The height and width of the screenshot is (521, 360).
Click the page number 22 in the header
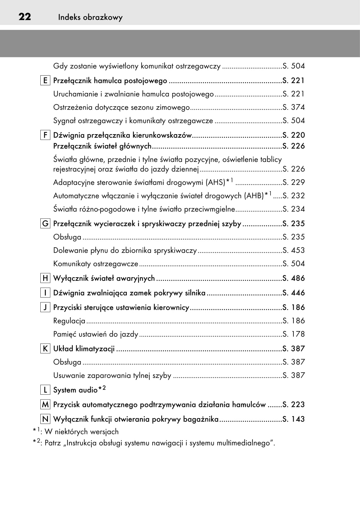25,17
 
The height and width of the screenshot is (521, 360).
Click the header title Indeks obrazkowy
90,17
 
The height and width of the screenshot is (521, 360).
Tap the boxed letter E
45,81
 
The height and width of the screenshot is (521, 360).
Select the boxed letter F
45,135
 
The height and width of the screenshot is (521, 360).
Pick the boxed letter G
45,224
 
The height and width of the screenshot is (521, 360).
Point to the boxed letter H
45,278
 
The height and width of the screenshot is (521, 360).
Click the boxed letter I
45,293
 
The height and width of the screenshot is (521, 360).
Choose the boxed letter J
45,307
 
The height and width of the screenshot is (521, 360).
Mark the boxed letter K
45,349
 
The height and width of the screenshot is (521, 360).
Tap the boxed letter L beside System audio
45,390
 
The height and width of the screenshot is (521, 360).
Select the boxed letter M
45,404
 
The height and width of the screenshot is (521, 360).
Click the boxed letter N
45,419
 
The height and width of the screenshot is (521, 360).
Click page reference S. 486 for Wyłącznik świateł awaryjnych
293,278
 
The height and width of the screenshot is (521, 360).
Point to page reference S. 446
293,293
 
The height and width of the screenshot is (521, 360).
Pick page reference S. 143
293,419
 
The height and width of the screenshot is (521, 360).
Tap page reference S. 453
293,250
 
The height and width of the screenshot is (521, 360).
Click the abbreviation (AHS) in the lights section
215,182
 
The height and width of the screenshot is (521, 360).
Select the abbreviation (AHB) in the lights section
254,196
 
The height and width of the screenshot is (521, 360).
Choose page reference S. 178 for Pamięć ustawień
293,334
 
